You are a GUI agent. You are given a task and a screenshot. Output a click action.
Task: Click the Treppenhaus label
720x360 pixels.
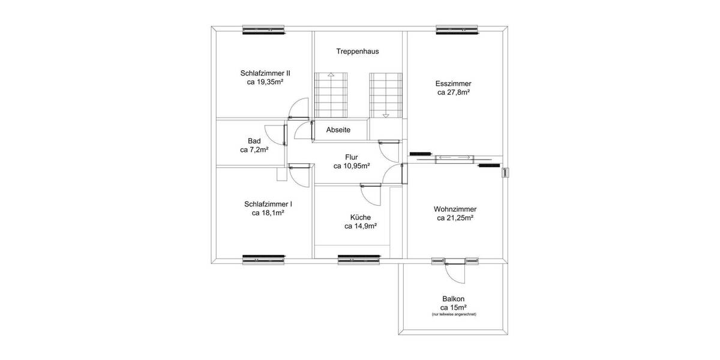tap(357, 52)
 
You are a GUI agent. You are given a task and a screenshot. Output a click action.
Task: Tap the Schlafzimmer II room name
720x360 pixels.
tap(265, 73)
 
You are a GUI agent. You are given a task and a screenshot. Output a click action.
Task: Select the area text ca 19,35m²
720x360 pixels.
tap(265, 83)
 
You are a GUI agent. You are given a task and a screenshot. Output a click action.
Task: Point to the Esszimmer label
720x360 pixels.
tap(454, 83)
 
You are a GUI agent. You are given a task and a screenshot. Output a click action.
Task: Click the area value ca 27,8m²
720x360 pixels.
tap(454, 93)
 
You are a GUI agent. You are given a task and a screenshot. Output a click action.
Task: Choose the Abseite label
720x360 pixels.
tap(338, 130)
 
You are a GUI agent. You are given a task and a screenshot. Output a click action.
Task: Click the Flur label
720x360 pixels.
tap(352, 157)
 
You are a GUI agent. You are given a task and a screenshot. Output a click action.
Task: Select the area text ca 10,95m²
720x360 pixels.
tap(352, 166)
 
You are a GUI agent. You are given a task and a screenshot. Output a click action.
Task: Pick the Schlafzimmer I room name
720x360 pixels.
tap(268, 203)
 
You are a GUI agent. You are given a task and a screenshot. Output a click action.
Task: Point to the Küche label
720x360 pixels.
tap(361, 217)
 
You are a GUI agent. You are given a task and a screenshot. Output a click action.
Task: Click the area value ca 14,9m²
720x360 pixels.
tap(361, 227)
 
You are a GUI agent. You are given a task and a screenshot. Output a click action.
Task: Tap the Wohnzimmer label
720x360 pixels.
tap(455, 209)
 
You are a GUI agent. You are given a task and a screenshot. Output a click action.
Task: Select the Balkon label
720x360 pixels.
tap(453, 299)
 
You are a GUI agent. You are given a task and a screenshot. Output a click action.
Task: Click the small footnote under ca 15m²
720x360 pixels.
tap(454, 314)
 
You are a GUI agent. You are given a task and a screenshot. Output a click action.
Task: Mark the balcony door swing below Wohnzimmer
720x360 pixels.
tap(454, 274)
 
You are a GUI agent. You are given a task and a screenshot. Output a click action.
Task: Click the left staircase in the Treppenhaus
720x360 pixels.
tap(330, 95)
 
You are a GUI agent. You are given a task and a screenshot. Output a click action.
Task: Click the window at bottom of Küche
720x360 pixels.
tap(359, 259)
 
